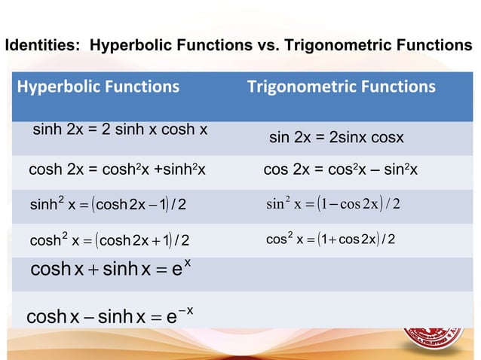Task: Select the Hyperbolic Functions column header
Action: (98, 87)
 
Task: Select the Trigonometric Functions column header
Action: (341, 87)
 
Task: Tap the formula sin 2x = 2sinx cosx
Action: (336, 139)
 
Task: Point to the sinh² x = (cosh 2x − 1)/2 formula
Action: (109, 204)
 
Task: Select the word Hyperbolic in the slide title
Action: (127, 46)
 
